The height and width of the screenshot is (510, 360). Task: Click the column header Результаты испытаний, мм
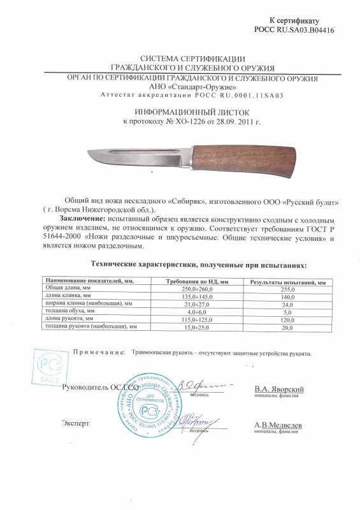(288, 281)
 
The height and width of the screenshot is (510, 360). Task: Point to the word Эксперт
(76, 423)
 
